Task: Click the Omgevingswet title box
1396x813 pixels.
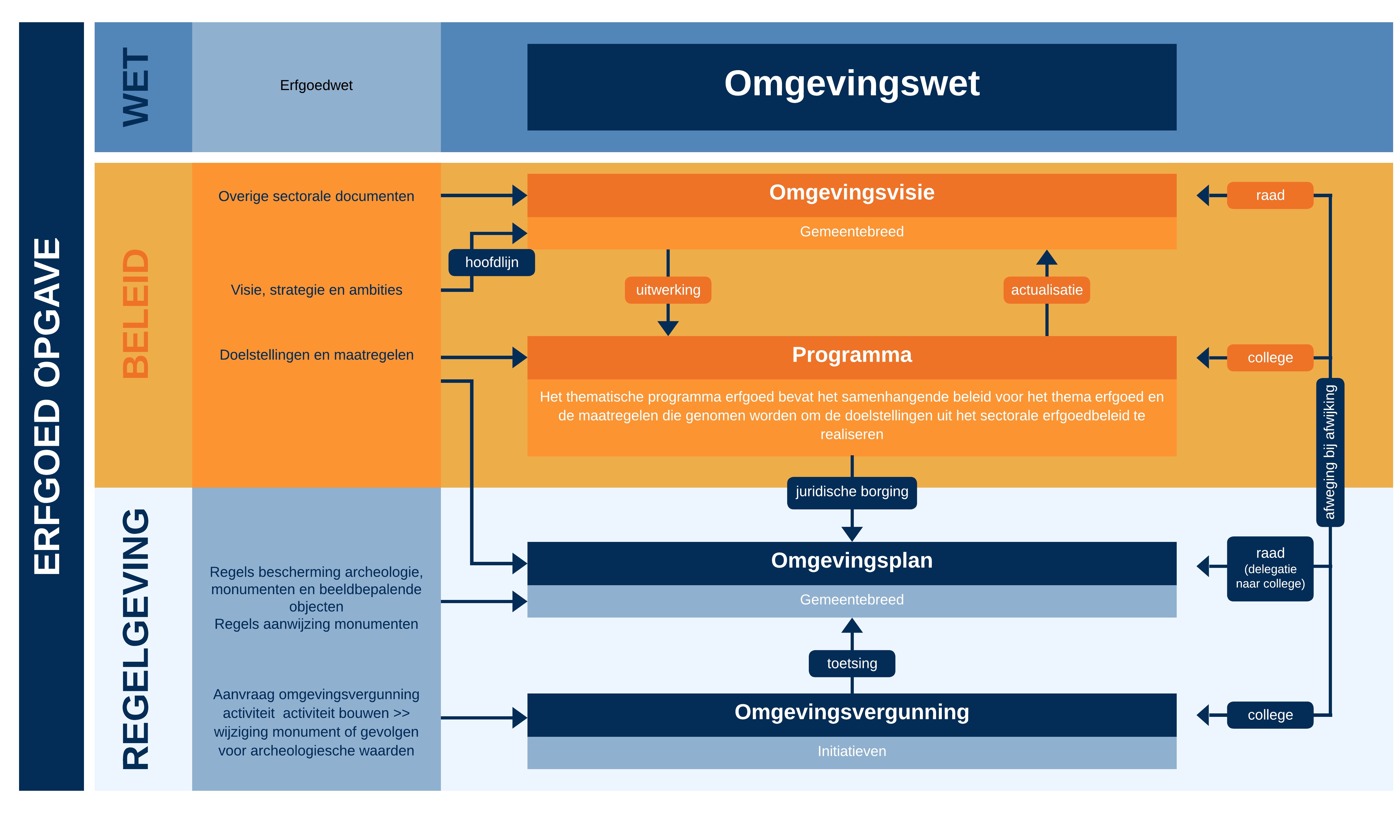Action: point(852,87)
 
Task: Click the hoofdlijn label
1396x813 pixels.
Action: point(491,262)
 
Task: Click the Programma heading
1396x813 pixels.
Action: point(852,355)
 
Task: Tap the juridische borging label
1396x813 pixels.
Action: point(852,492)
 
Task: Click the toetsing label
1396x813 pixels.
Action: point(852,663)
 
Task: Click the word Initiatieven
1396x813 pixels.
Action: point(852,752)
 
